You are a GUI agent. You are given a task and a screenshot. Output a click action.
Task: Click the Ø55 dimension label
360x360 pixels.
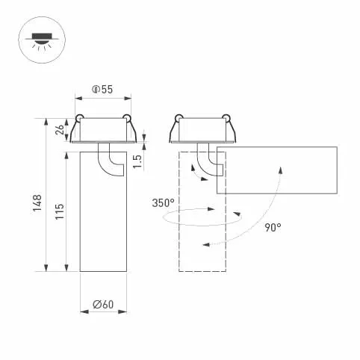[103, 90]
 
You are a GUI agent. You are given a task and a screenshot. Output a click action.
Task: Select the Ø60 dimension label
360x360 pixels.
[103, 304]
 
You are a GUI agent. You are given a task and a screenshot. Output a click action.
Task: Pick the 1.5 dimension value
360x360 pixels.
[138, 160]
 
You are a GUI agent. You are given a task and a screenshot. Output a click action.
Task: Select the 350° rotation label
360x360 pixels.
[162, 202]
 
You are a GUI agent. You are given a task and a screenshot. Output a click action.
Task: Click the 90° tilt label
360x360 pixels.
[272, 227]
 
